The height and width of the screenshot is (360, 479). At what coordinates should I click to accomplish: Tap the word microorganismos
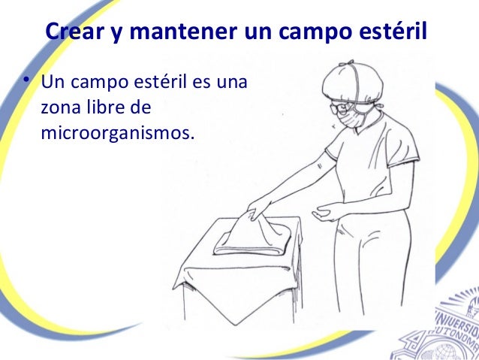118,134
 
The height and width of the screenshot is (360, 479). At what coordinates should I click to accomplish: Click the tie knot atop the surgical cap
347,65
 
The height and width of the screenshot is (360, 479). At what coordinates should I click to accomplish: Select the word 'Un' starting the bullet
52,82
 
